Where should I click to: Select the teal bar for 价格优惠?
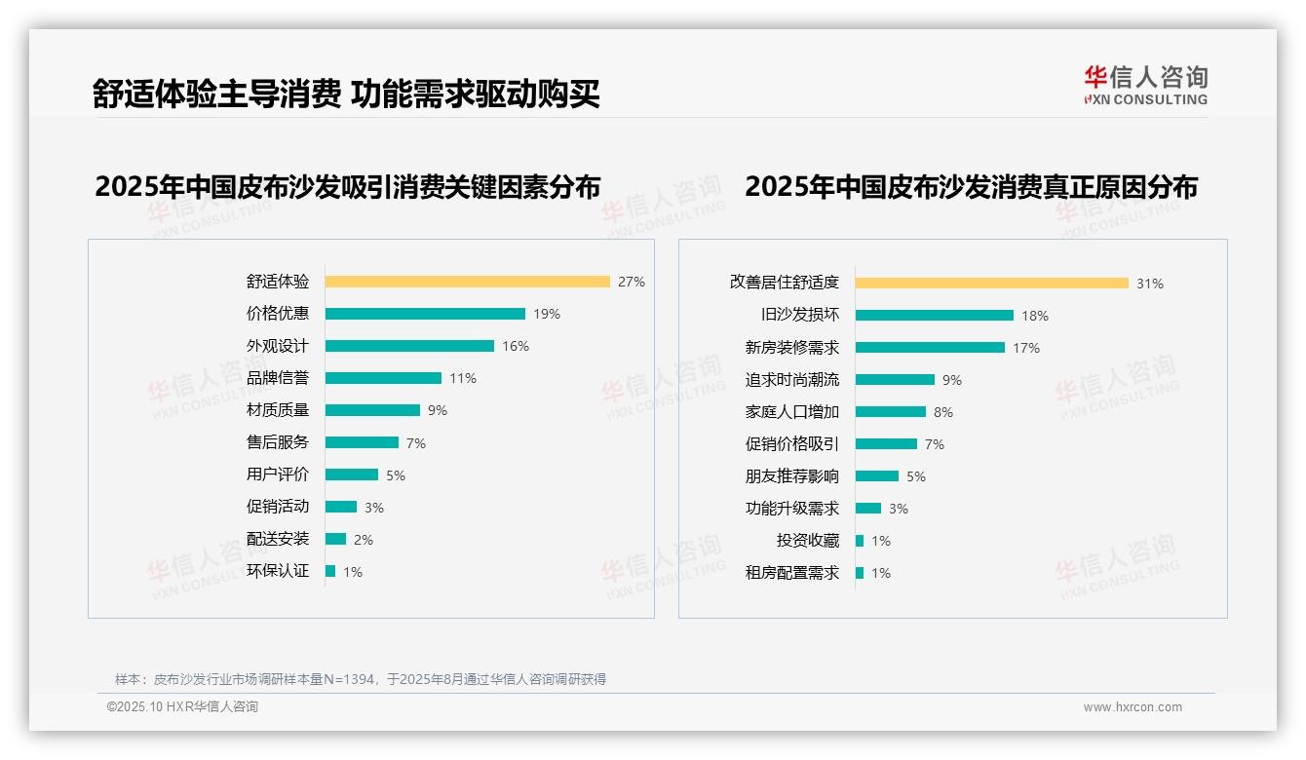tap(425, 314)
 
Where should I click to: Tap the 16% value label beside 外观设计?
tap(516, 346)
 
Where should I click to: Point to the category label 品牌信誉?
tap(277, 378)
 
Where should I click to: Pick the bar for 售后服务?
tap(362, 442)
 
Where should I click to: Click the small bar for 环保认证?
tap(330, 571)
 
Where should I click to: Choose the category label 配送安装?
tap(277, 539)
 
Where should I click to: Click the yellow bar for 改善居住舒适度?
tap(991, 284)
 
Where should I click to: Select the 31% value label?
tap(1150, 284)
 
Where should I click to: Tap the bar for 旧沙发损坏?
tap(934, 316)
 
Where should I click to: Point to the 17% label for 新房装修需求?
tap(1026, 348)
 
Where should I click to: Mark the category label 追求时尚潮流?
tap(791, 380)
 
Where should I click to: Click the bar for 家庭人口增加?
tap(890, 412)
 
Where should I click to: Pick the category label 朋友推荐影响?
tap(791, 476)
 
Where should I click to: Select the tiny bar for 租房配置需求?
tap(860, 573)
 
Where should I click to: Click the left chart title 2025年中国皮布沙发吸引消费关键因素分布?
tap(347, 186)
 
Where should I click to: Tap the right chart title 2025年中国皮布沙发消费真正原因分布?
tap(971, 186)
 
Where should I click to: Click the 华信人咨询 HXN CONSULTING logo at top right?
tap(1145, 86)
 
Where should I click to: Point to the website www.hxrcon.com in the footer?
tap(1133, 707)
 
